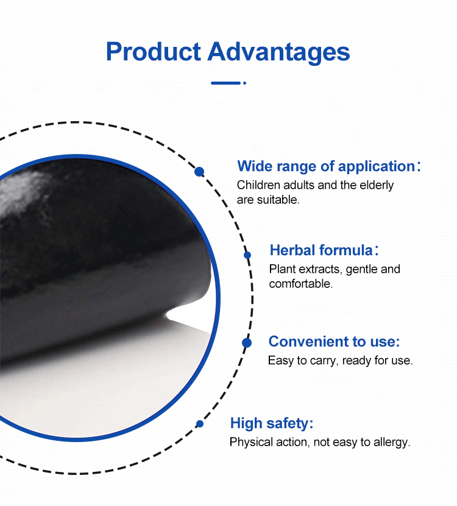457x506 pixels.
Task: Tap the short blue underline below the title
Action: pos(225,83)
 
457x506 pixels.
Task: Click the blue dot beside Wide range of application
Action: pos(199,172)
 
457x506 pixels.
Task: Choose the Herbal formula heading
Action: pos(321,250)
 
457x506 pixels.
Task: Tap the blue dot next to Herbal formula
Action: pos(247,255)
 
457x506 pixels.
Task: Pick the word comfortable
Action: pos(300,284)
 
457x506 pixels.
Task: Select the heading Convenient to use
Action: pos(334,342)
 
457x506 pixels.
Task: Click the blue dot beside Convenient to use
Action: pos(247,343)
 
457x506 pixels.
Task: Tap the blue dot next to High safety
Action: pos(199,424)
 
